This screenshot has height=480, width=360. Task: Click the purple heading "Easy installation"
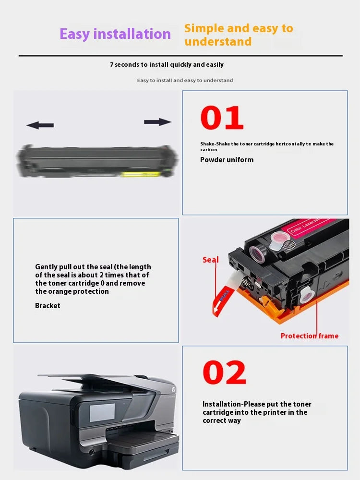coord(115,34)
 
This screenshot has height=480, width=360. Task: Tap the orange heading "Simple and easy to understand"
coord(239,35)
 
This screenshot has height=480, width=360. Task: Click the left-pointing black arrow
coord(40,125)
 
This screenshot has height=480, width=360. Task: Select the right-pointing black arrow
coord(157,122)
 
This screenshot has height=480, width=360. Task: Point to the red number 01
coord(222,118)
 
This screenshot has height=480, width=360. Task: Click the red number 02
coord(224,372)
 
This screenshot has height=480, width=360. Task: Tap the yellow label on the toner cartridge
coord(141,174)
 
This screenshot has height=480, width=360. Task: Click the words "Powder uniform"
coord(227,160)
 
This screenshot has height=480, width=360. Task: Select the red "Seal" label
coord(211,260)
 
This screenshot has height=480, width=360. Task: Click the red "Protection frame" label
coord(310,336)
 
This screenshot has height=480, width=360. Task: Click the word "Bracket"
coord(48,305)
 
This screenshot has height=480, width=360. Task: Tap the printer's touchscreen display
coord(102,412)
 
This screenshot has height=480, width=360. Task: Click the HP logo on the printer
coord(173,389)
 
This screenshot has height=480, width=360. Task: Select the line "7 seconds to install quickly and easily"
coord(167,65)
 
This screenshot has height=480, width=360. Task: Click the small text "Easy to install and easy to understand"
coord(185,81)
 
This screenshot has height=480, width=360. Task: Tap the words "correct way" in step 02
coord(222,420)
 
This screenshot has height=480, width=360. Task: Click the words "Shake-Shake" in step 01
coord(215,144)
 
